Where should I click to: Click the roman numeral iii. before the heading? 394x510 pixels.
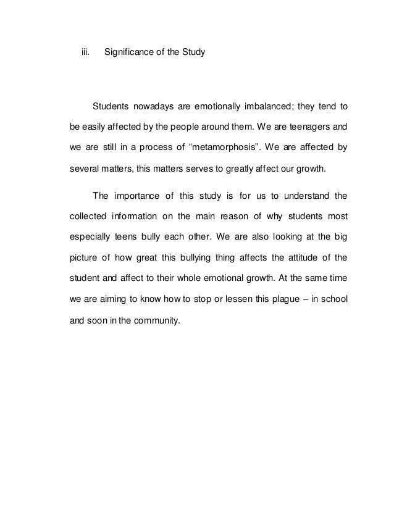86,53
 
